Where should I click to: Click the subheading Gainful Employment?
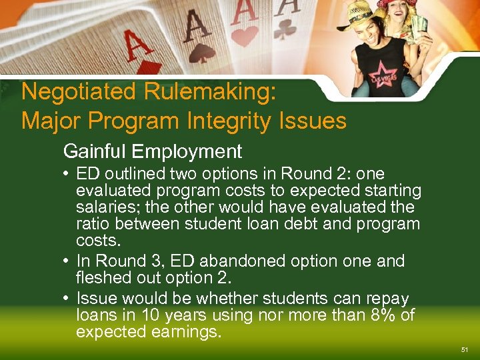[x=152, y=151]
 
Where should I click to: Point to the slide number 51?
[x=464, y=349]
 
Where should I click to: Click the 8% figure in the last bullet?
[x=380, y=315]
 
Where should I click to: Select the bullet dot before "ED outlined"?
[x=69, y=175]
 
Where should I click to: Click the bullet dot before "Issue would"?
[x=69, y=298]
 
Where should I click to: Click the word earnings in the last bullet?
[x=181, y=331]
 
